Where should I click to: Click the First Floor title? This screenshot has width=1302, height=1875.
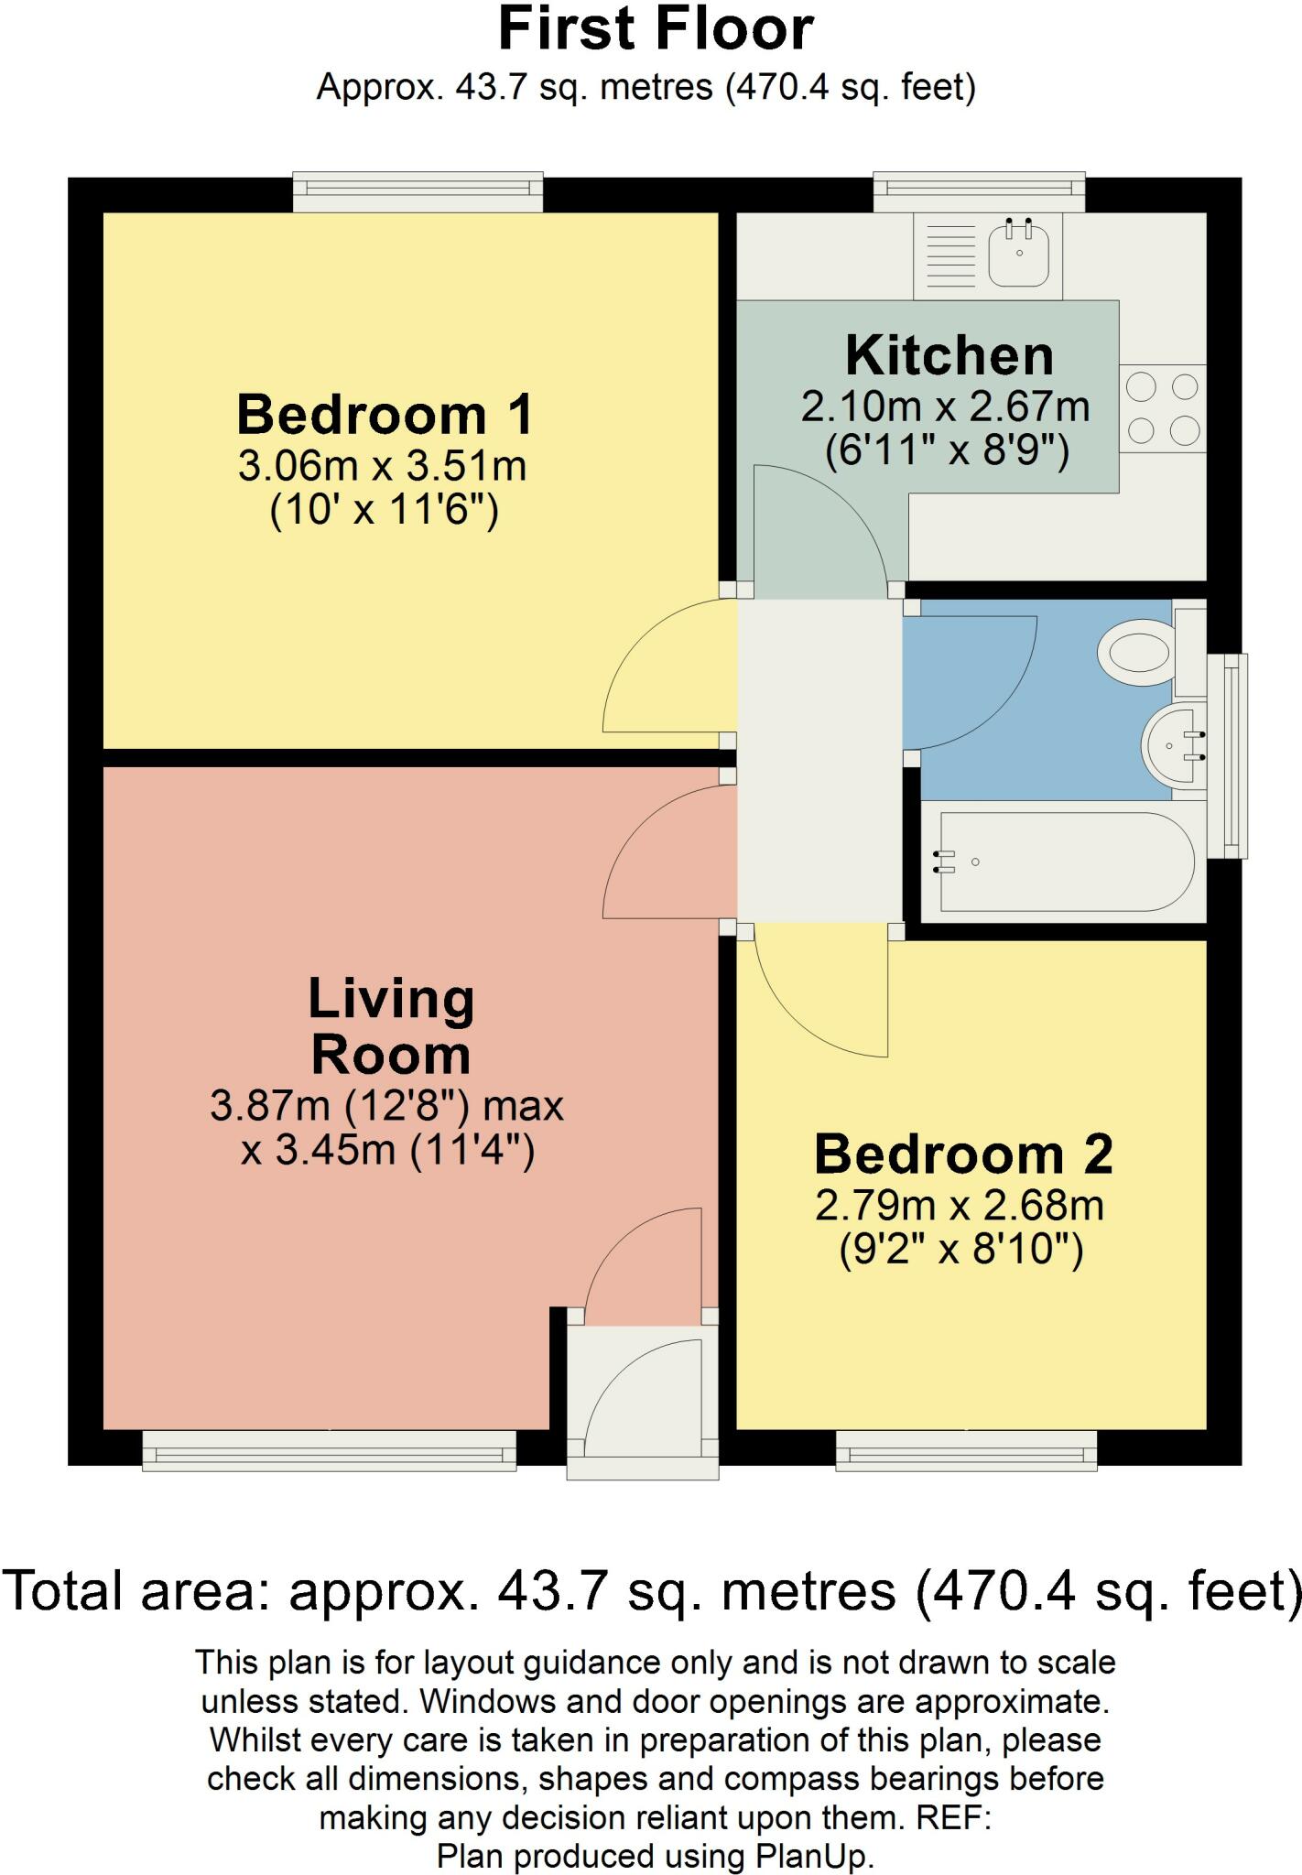[655, 29]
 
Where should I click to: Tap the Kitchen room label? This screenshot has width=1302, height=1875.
[949, 355]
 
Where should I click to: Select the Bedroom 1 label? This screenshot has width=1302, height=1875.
[385, 415]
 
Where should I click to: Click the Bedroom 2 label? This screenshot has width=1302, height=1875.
[963, 1154]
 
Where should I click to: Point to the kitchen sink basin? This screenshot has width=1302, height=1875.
[1019, 254]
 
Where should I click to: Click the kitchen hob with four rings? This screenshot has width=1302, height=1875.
[1162, 408]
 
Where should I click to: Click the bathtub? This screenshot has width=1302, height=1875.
[1062, 862]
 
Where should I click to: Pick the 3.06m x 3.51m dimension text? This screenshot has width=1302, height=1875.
[383, 467]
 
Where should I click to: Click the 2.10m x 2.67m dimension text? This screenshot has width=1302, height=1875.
[946, 406]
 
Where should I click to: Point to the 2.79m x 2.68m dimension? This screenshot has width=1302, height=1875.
[960, 1206]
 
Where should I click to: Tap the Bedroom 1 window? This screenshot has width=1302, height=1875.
[418, 190]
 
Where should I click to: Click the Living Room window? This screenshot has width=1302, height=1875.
[330, 1450]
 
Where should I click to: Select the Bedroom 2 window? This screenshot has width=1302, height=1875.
[967, 1450]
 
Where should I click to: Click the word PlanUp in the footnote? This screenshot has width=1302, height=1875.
[812, 1856]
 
